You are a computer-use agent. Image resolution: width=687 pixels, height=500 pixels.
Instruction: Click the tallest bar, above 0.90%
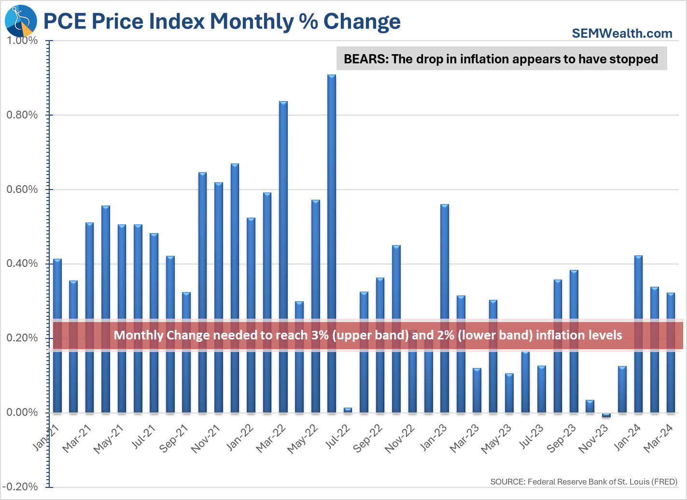click(331, 242)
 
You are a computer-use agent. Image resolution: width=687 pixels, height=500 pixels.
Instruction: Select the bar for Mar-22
click(283, 256)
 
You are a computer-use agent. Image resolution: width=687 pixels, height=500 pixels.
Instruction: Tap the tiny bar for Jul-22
click(348, 410)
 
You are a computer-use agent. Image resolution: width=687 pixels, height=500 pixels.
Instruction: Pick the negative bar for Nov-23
click(606, 415)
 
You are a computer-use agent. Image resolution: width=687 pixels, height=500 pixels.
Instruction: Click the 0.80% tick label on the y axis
click(22, 115)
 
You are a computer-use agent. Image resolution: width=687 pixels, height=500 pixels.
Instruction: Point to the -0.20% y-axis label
click(21, 487)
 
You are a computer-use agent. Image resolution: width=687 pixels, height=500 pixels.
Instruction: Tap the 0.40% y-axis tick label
click(22, 264)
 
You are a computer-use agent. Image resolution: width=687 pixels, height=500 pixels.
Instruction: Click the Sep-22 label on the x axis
click(368, 438)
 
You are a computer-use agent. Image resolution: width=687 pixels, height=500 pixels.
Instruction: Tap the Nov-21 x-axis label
click(206, 439)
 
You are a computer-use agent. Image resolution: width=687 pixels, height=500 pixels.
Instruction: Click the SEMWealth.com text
click(622, 33)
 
